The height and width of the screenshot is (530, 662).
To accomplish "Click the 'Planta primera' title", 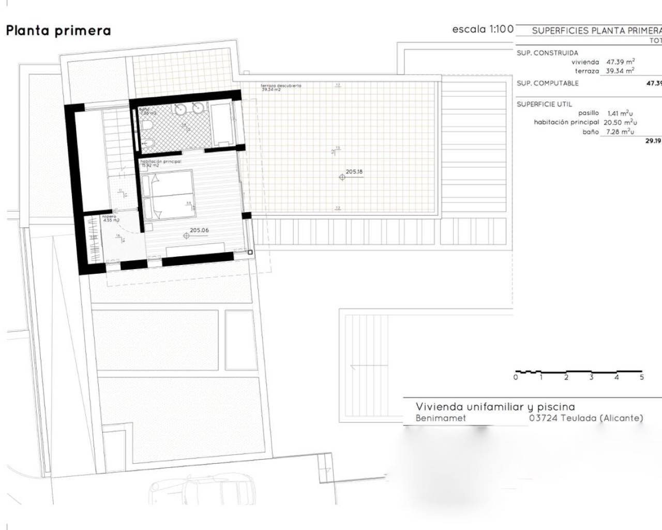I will click(x=58, y=31).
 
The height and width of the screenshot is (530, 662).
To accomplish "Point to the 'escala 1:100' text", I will click(x=483, y=30).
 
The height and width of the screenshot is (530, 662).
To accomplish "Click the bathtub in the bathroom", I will click(x=221, y=124).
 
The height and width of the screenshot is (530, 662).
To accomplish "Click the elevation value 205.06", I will click(x=199, y=230).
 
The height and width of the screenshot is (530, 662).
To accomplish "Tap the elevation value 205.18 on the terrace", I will click(x=354, y=171).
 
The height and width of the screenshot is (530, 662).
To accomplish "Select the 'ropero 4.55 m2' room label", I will click(x=110, y=218).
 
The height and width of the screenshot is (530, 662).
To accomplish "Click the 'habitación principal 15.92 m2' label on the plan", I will click(x=160, y=164).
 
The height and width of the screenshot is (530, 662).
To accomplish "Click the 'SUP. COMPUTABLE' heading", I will click(x=547, y=83).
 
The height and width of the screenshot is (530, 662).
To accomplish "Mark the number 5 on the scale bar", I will click(x=642, y=377).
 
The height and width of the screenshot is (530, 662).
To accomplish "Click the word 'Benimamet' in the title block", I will click(x=441, y=418).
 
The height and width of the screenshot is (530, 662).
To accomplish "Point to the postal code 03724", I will click(x=543, y=418).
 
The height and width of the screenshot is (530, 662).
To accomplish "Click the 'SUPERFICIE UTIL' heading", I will click(x=544, y=104).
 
